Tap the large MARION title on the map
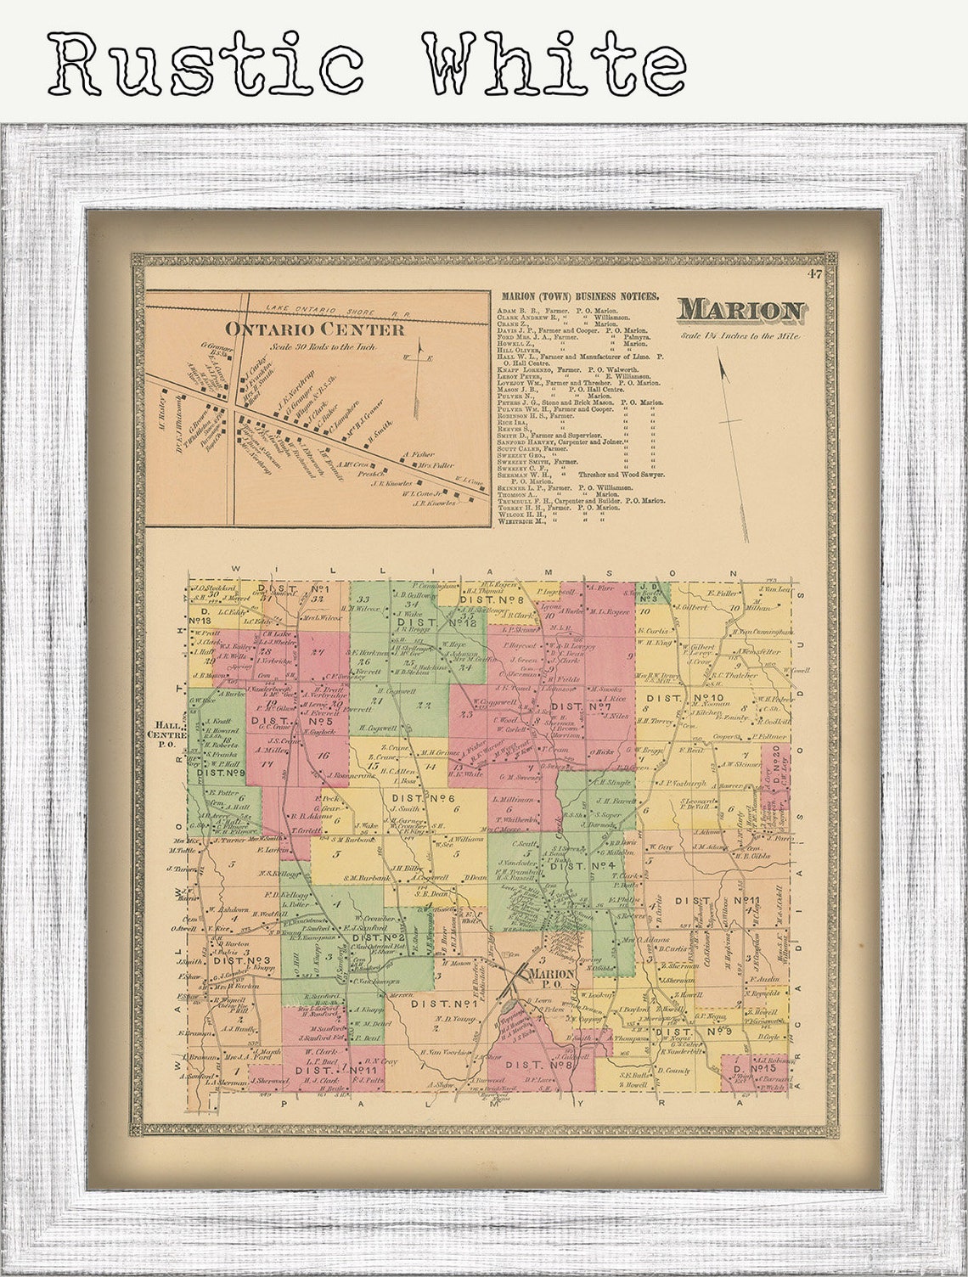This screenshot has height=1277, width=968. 740,311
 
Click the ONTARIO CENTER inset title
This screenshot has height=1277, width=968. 314,329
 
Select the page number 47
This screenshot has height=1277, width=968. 815,273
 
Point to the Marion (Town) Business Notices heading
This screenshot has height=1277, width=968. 579,296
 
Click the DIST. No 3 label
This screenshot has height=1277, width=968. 242,960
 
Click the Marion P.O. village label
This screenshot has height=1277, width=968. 552,977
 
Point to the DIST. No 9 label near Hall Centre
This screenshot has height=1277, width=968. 221,773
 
